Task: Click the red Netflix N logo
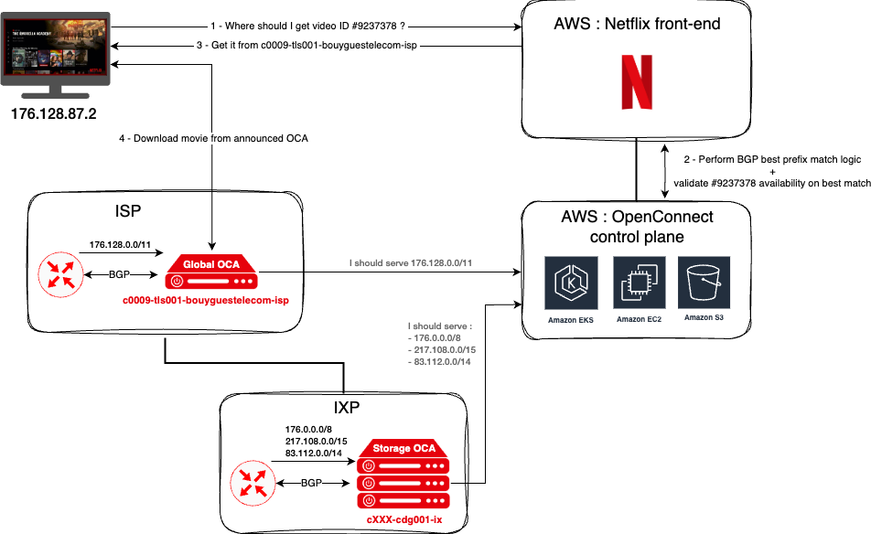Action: tap(637, 82)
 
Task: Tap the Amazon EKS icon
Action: tap(571, 283)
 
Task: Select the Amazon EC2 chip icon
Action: tap(639, 283)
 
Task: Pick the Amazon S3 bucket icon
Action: tap(704, 282)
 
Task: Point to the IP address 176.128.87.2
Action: tap(53, 113)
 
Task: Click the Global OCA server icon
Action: tap(211, 272)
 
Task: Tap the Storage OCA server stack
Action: tap(403, 474)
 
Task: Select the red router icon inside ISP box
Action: tap(60, 274)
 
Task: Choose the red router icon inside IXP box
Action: tap(253, 483)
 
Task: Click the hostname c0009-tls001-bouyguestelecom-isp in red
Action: tap(206, 300)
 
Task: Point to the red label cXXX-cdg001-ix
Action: tap(404, 519)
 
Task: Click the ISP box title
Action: tap(128, 211)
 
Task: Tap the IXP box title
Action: tap(347, 408)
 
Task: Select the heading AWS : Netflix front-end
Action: tap(637, 24)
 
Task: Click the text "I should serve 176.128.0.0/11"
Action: tap(411, 263)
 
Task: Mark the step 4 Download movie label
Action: tap(213, 138)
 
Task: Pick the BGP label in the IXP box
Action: tap(311, 483)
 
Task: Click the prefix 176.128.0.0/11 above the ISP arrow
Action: tap(120, 244)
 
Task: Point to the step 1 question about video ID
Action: tap(307, 27)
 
